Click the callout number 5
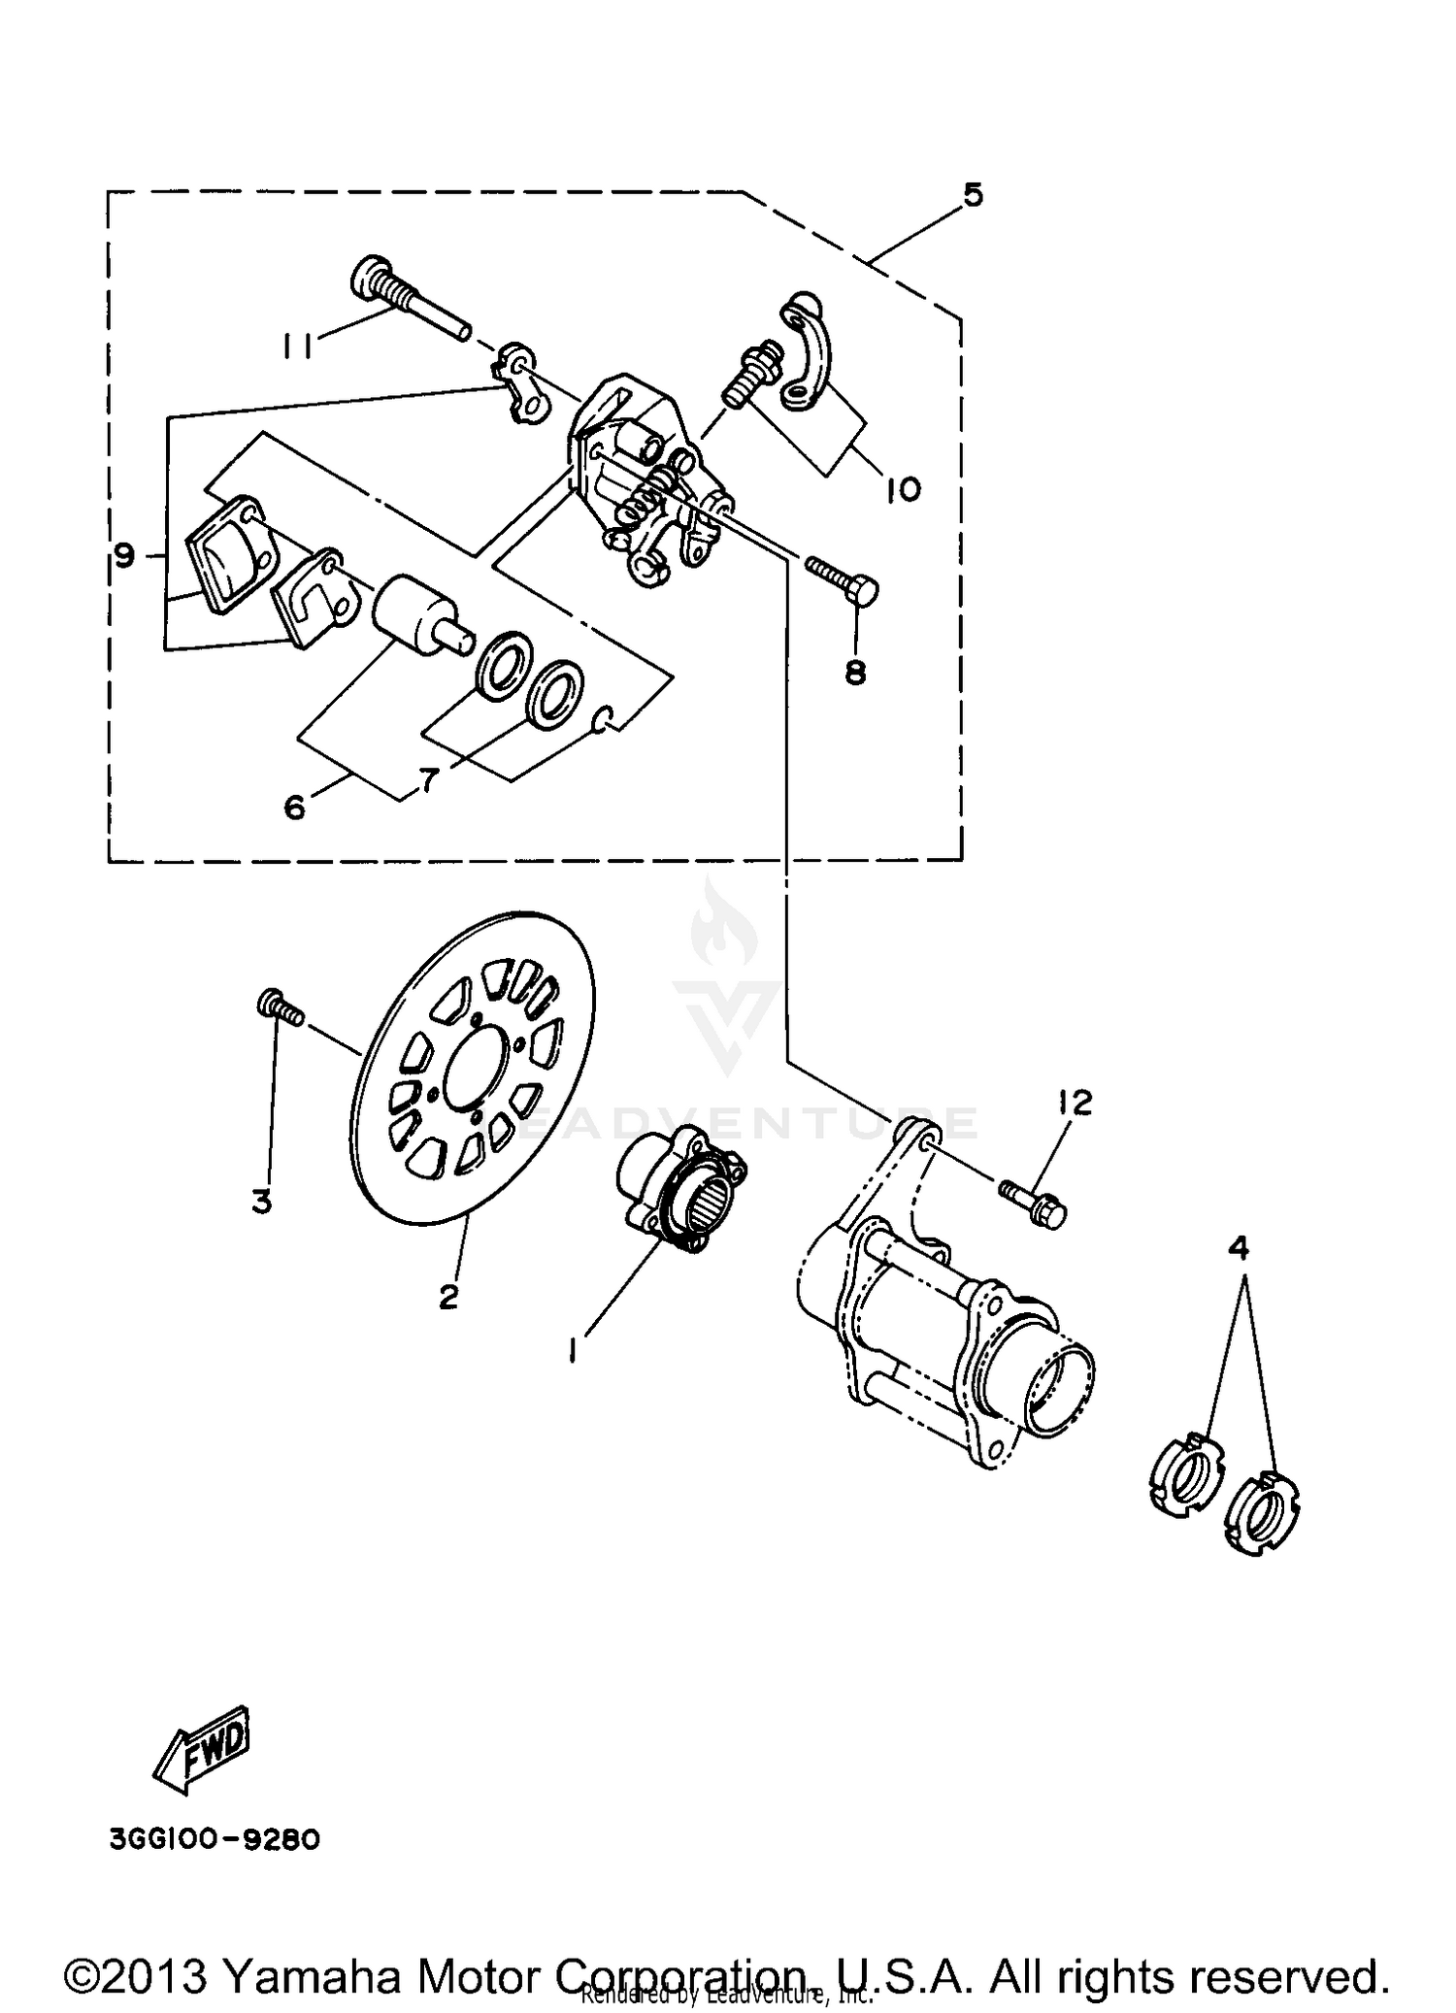click(x=973, y=195)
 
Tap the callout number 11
click(x=297, y=346)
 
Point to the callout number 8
click(x=855, y=672)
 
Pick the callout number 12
click(x=1075, y=1102)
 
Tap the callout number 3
click(x=262, y=1202)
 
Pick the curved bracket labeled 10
click(x=809, y=348)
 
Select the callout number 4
click(x=1240, y=1249)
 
